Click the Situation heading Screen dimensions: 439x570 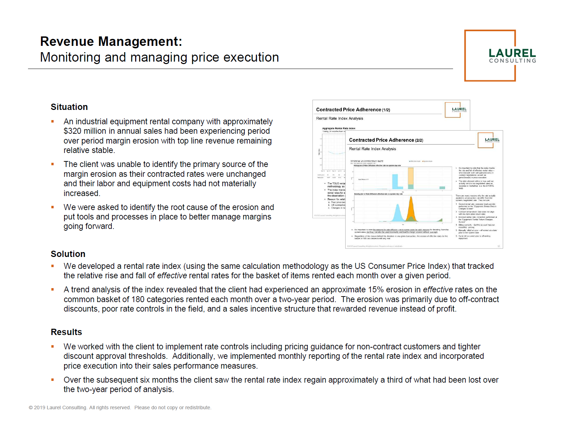(x=69, y=107)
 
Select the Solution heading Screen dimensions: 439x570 (x=68, y=254)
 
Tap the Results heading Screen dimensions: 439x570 (x=66, y=332)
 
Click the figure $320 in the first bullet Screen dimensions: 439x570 (x=71, y=131)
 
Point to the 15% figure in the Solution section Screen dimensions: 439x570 (x=376, y=290)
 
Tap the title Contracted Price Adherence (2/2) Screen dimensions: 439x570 (x=386, y=140)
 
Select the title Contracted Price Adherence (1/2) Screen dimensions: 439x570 (x=353, y=110)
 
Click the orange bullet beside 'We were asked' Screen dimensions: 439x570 (x=53, y=207)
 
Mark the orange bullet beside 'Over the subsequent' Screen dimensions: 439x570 (x=53, y=380)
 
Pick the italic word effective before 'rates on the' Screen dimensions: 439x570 (x=438, y=290)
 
